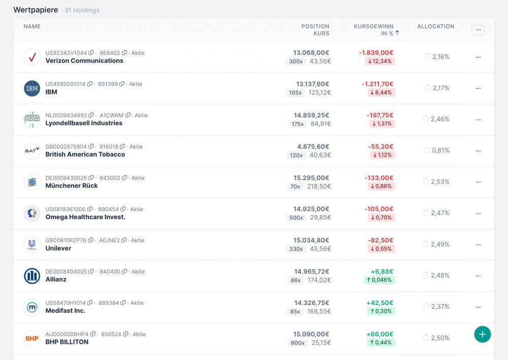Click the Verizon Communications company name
(84, 61)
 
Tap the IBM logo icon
(32, 88)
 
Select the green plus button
(482, 334)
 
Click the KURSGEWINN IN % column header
(373, 29)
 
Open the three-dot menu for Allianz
(478, 276)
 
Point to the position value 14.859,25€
(311, 115)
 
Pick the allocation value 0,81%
(440, 151)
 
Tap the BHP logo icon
(32, 339)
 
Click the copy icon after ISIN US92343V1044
(91, 53)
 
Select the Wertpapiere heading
(36, 10)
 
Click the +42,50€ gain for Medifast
(379, 303)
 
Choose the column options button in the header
(478, 30)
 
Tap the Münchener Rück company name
(72, 186)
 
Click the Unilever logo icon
(32, 245)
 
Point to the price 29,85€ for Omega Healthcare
(320, 218)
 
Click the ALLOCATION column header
(435, 26)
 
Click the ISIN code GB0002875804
(66, 147)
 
